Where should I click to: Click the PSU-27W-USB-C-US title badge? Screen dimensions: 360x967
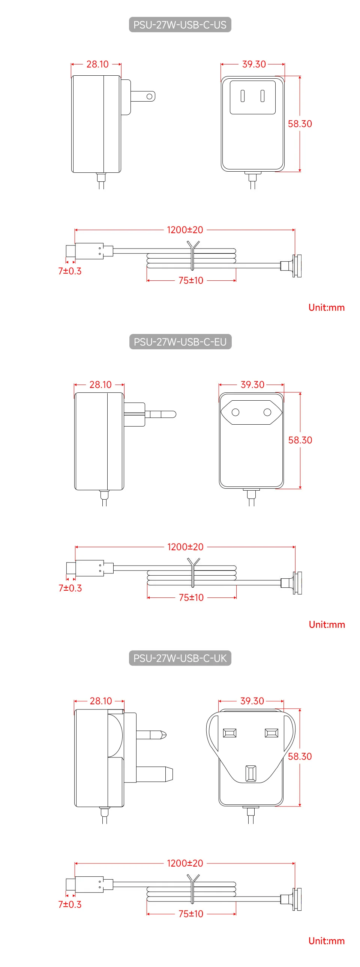[180, 25]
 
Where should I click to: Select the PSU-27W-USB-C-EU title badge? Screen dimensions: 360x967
[180, 341]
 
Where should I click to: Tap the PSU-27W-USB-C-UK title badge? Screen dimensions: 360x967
[180, 658]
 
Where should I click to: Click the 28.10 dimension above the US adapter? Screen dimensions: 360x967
[97, 64]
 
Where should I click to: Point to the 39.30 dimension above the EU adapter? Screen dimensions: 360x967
[252, 385]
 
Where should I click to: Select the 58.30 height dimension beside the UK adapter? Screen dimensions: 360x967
[300, 756]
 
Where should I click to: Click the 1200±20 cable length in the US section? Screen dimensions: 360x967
[185, 230]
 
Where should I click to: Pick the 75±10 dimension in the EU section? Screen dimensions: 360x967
[191, 597]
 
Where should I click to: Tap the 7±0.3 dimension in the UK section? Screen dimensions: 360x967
[70, 904]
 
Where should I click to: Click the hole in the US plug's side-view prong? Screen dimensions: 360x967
[149, 96]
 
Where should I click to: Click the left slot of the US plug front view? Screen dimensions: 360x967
[243, 96]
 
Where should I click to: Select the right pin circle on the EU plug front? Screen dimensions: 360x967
[267, 412]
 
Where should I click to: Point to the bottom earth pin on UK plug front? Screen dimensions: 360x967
[250, 773]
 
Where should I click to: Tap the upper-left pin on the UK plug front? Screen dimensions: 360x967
[229, 733]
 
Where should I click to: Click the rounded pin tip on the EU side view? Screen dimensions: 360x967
[172, 415]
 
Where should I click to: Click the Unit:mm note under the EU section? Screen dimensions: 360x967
[327, 624]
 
